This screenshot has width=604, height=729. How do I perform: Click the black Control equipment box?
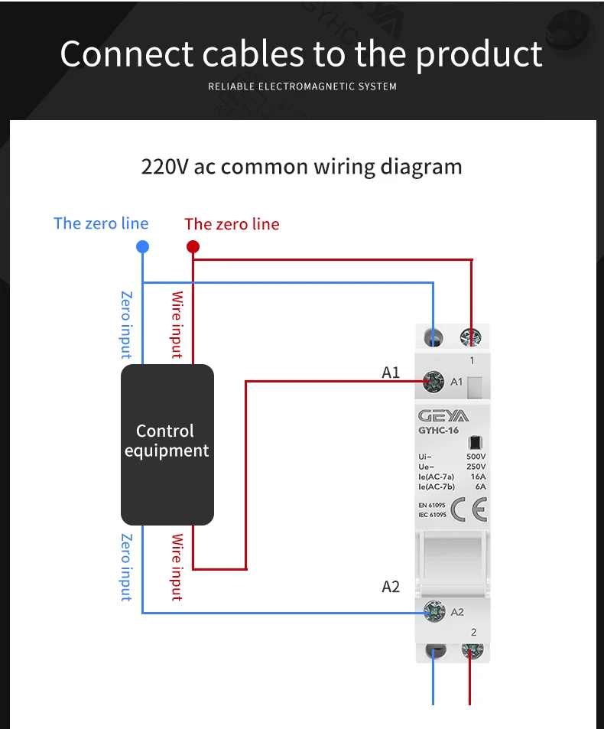coord(167,444)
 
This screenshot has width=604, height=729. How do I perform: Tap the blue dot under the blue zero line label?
coord(142,246)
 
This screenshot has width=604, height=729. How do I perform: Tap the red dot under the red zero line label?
coord(193,246)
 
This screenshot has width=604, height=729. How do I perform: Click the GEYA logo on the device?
coord(443,416)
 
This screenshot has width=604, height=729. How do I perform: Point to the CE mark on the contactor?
coord(469,509)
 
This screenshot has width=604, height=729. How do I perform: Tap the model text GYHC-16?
coord(438,431)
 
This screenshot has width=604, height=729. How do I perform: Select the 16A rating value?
coord(477,477)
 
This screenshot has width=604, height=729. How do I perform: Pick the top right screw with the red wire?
coord(471,337)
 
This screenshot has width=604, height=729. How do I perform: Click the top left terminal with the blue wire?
coord(434,337)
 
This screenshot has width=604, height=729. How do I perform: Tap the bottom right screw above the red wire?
coord(471,651)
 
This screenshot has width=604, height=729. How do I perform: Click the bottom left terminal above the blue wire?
coord(435,651)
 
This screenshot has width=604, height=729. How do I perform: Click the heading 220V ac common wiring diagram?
coord(301,166)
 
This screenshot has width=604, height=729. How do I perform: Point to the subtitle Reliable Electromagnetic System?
coord(302,86)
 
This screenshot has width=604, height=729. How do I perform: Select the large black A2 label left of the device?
coord(391,587)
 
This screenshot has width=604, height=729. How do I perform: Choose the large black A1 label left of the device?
coord(391,373)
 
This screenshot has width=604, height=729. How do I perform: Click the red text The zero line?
coord(232,224)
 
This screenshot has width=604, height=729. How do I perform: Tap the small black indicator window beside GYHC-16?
coord(475,442)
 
